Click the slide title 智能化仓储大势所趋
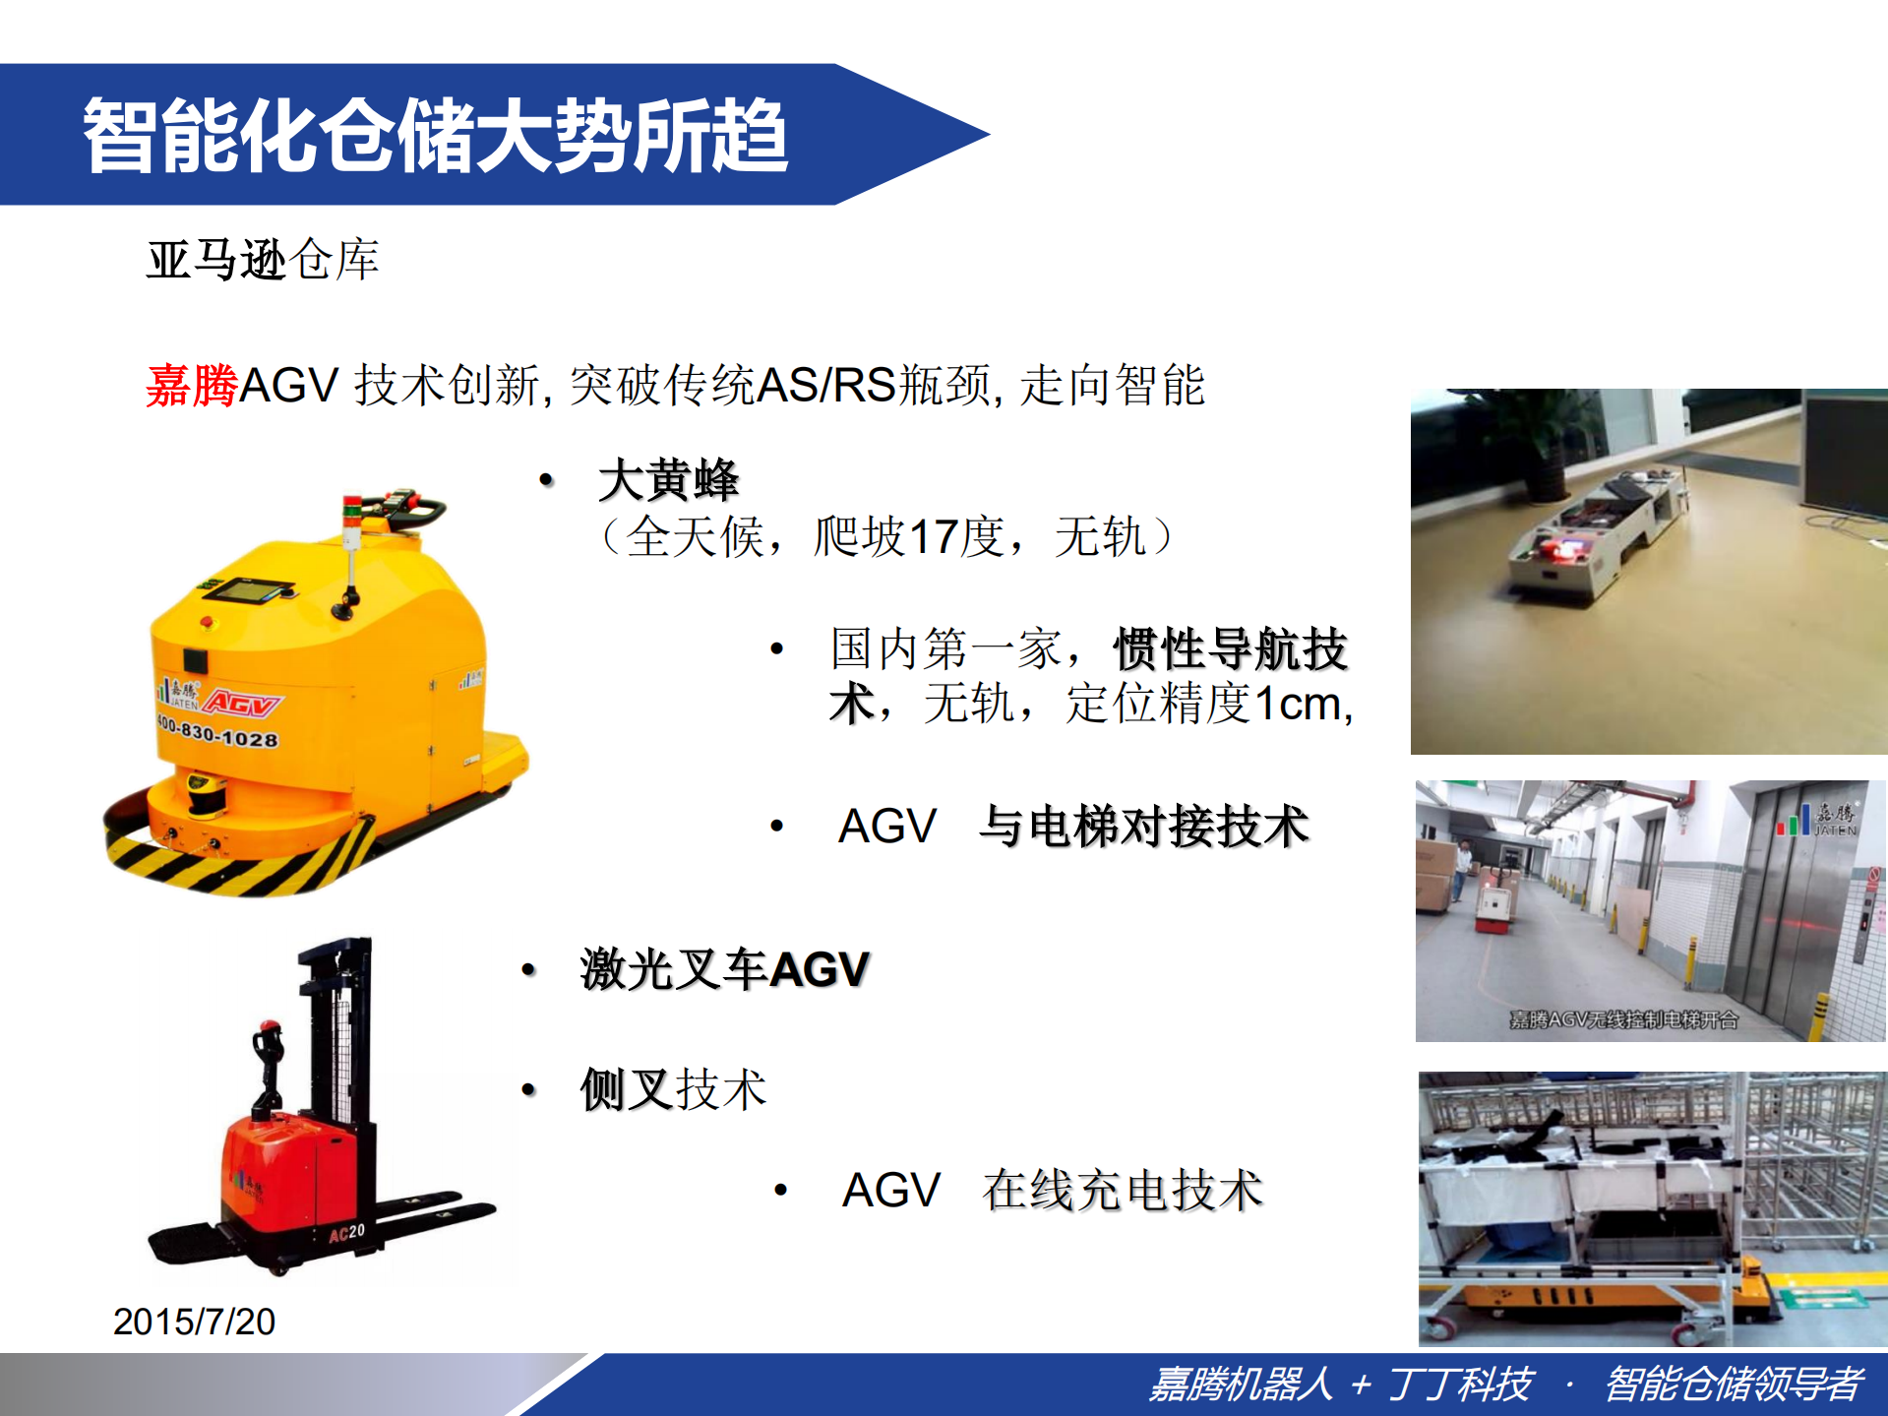click(x=435, y=136)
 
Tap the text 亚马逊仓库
click(x=263, y=261)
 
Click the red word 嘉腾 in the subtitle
click(x=192, y=386)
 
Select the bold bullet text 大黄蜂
click(x=668, y=481)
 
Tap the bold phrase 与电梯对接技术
click(x=1143, y=827)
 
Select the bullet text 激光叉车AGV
click(x=724, y=970)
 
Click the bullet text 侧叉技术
click(x=673, y=1090)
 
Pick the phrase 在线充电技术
click(x=1122, y=1191)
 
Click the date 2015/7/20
click(x=194, y=1322)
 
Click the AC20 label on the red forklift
click(x=346, y=1233)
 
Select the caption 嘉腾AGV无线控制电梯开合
click(x=1624, y=1019)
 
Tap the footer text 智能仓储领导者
click(x=1734, y=1385)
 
